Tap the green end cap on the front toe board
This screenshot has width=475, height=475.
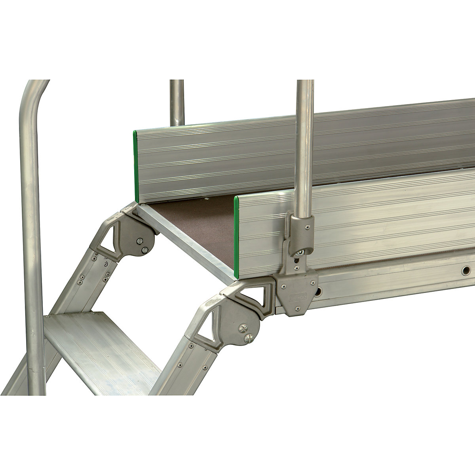coord(237,236)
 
